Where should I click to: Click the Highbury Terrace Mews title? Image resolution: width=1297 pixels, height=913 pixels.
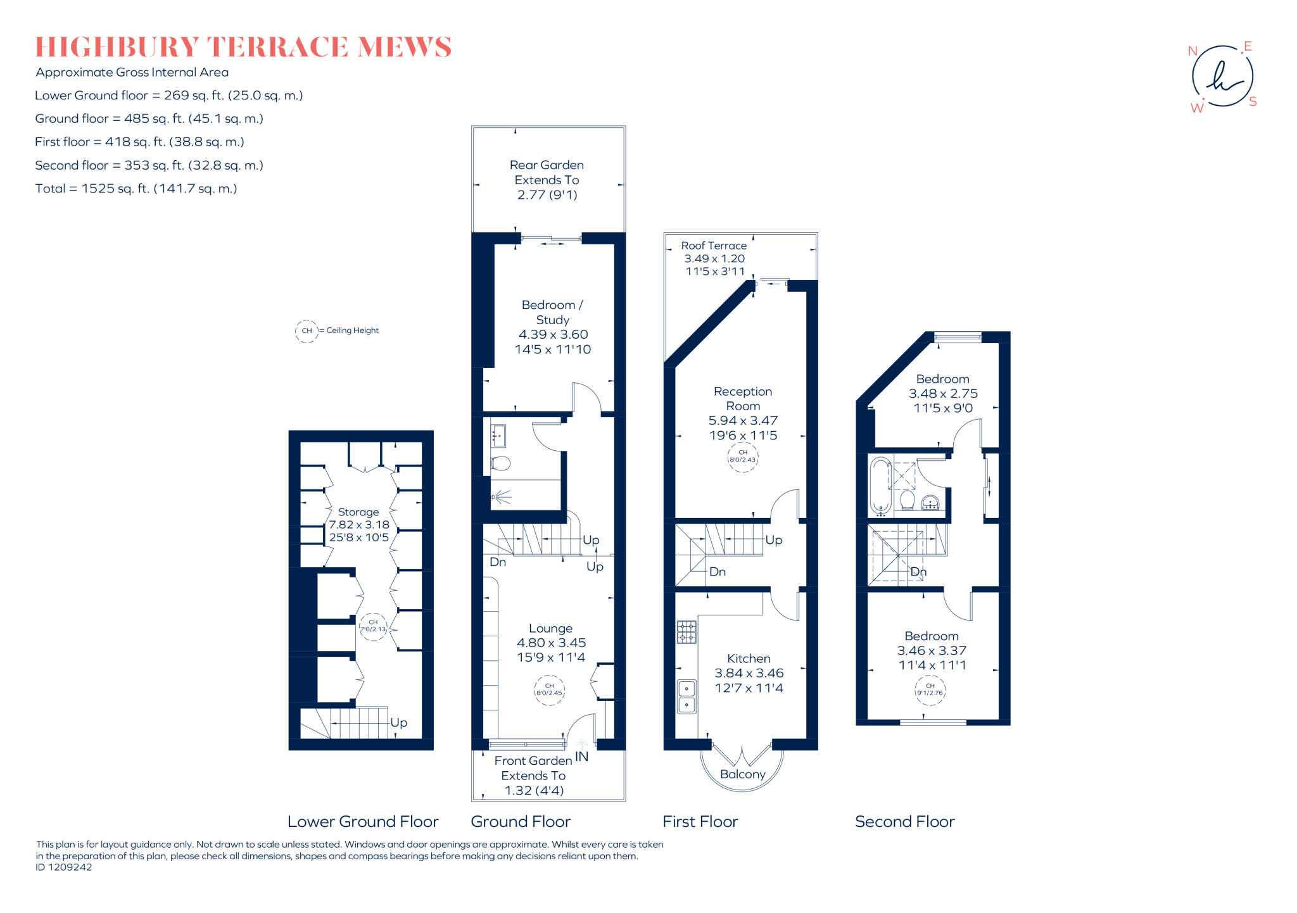243,47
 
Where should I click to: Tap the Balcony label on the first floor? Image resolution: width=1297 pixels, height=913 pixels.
743,774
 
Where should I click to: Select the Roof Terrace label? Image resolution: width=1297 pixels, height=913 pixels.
714,258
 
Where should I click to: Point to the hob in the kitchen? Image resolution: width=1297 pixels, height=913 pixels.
686,631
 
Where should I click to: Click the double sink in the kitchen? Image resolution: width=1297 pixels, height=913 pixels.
686,696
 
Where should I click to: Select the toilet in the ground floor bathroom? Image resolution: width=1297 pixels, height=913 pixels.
500,463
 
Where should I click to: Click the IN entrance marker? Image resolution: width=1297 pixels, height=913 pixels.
582,756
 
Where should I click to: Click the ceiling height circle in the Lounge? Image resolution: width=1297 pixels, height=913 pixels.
549,689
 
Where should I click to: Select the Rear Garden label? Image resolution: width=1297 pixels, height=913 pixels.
547,180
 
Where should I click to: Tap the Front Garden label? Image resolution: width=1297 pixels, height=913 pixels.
533,775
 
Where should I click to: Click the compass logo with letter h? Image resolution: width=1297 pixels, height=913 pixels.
1222,77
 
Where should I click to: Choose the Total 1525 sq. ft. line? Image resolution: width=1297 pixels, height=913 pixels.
136,188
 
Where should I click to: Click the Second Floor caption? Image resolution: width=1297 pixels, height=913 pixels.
904,821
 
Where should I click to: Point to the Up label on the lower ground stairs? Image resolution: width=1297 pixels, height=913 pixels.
398,722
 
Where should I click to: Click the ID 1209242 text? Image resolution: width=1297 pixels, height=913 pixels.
64,867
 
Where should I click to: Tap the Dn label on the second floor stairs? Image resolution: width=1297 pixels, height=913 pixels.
918,572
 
